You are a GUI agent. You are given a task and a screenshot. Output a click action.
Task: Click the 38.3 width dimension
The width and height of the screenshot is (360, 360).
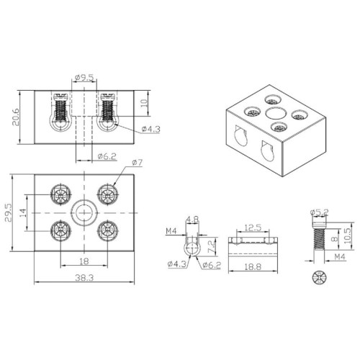coord(84,278)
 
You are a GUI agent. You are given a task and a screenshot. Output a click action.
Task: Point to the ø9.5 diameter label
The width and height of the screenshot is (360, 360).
coord(85,78)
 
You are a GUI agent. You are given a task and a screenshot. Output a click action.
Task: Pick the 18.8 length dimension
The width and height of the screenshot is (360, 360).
coord(251,266)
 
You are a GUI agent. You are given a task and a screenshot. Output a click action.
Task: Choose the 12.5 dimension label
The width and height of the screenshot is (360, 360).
coord(251,228)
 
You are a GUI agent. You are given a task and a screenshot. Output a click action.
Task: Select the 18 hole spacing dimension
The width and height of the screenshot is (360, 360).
coord(84,261)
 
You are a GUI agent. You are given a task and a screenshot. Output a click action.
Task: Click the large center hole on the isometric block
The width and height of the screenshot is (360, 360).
coord(274,113)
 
